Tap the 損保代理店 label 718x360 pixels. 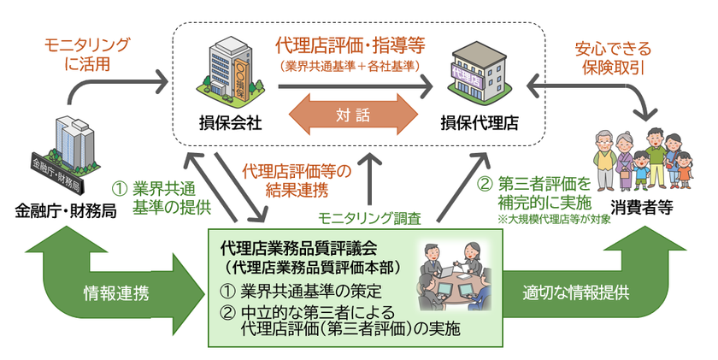click(x=478, y=121)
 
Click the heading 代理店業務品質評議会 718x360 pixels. click(x=298, y=249)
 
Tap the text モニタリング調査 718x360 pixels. click(x=369, y=218)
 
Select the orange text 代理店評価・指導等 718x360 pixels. click(x=350, y=44)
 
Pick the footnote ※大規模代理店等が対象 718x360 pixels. click(x=556, y=218)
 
